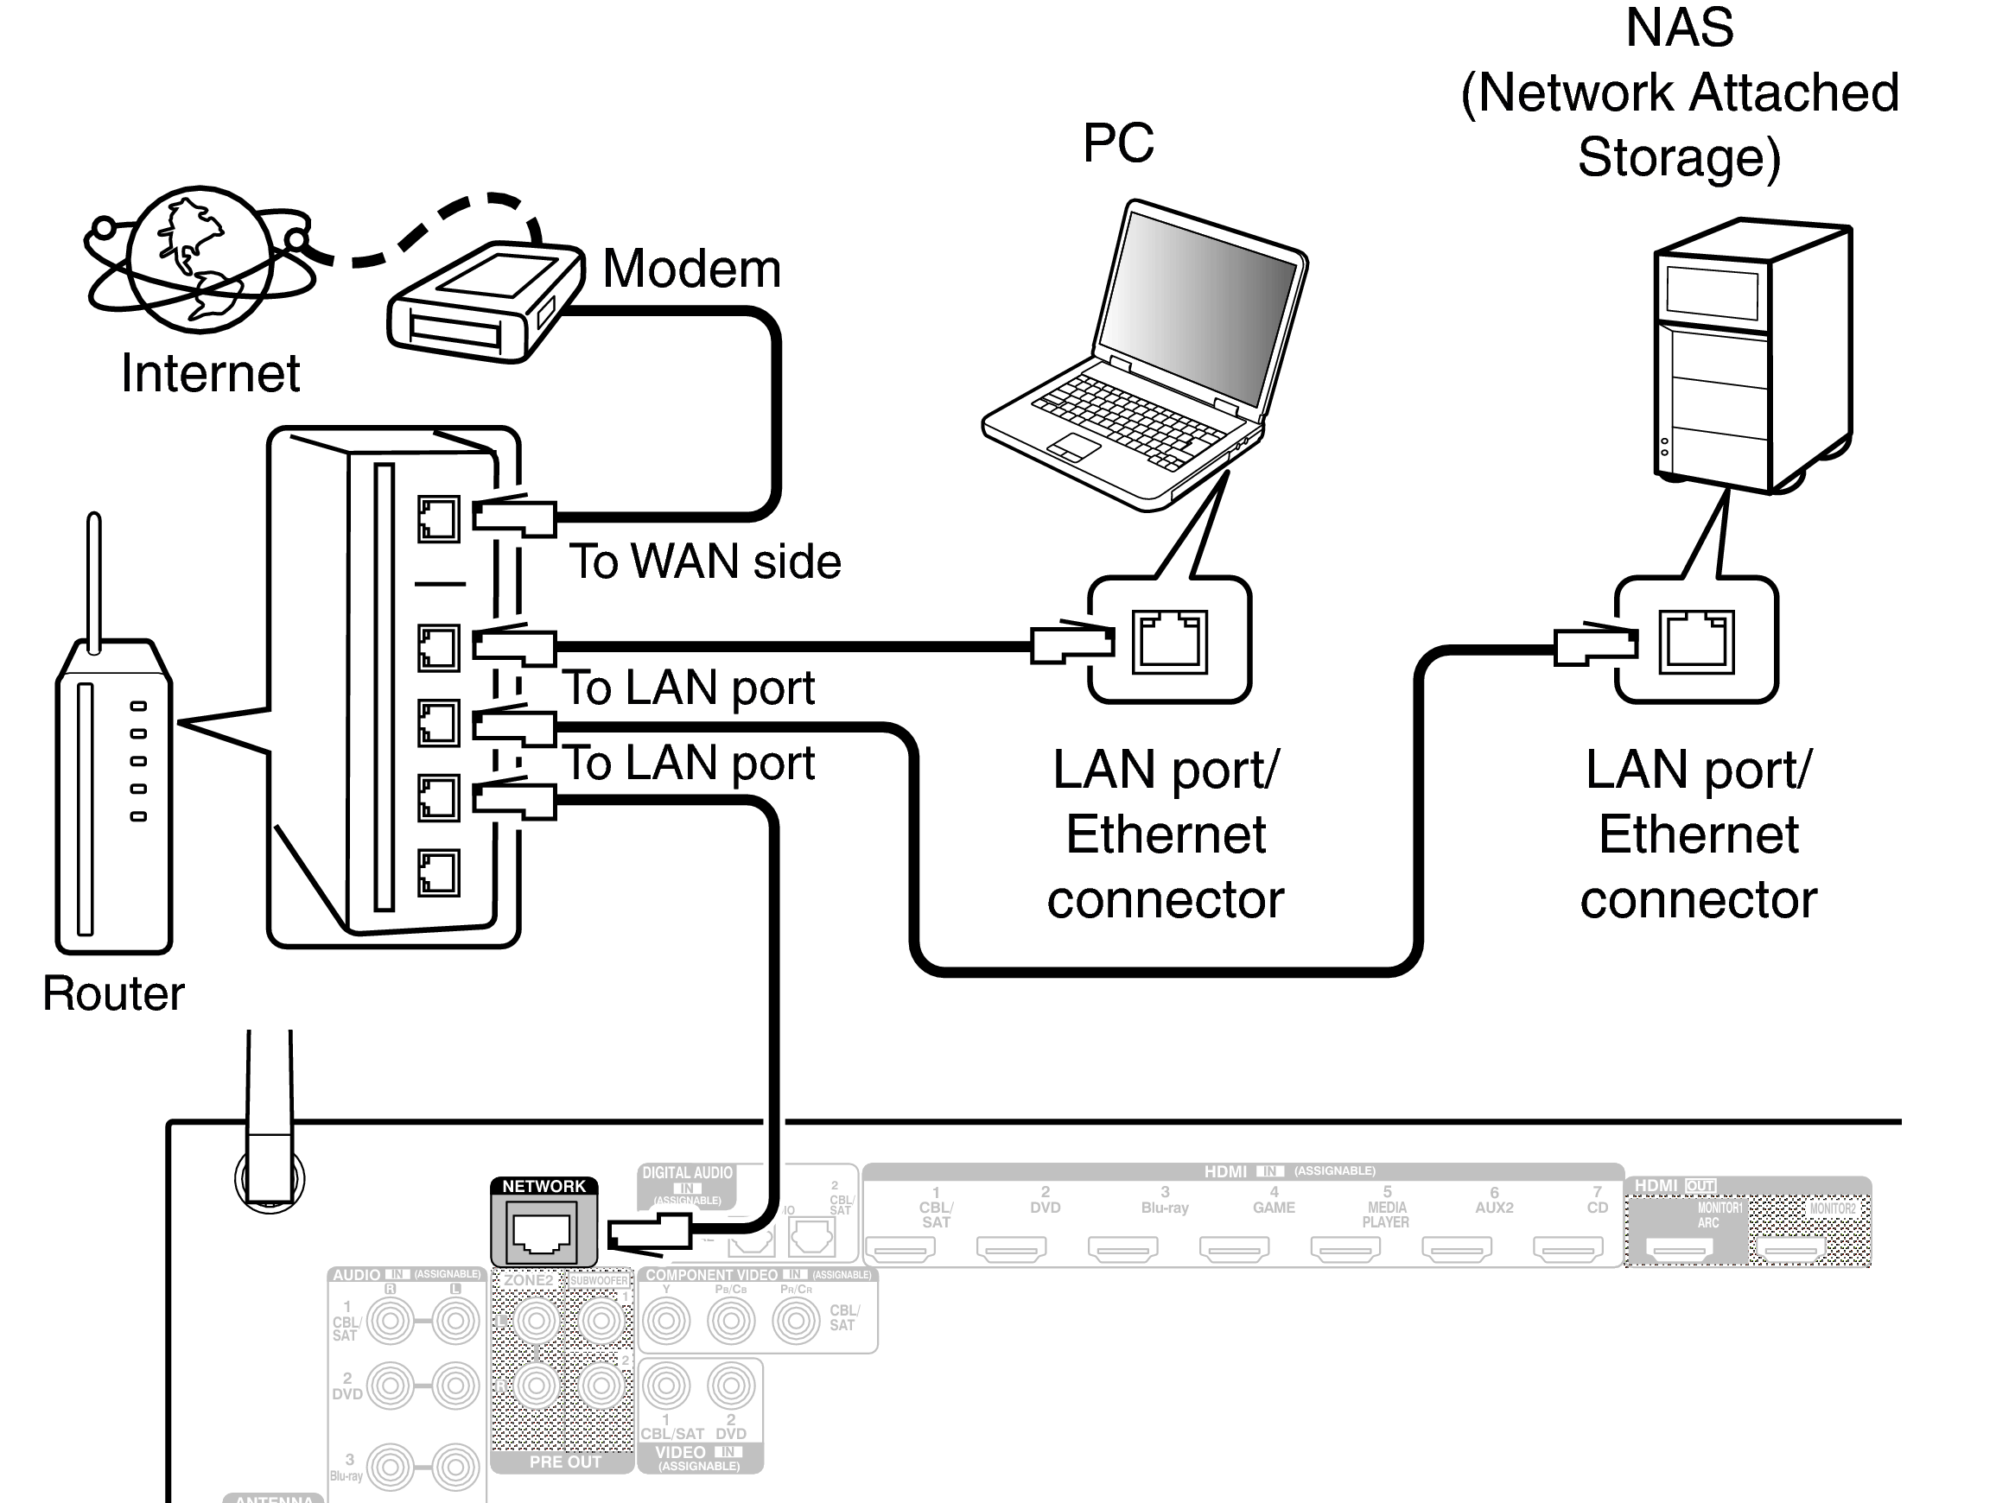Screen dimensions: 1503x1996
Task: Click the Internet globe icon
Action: [200, 260]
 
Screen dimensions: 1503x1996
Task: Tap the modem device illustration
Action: [483, 302]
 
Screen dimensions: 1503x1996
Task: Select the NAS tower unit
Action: [1751, 357]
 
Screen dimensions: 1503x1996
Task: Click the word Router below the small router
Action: [113, 993]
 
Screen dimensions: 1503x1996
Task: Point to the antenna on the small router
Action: [94, 577]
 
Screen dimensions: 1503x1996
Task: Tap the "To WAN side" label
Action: [705, 561]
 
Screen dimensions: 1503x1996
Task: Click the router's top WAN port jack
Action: [439, 519]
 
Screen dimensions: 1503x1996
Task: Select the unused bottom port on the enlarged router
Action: [439, 872]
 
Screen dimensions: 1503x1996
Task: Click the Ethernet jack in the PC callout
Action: [1169, 643]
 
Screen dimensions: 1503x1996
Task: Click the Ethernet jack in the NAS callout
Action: [1695, 643]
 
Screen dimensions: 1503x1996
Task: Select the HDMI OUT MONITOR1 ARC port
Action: [1679, 1250]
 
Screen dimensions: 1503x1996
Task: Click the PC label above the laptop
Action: [1117, 143]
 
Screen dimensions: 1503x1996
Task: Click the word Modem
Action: [691, 269]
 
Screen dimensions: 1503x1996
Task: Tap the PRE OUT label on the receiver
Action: [565, 1462]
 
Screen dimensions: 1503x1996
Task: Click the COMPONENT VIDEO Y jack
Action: [666, 1322]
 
